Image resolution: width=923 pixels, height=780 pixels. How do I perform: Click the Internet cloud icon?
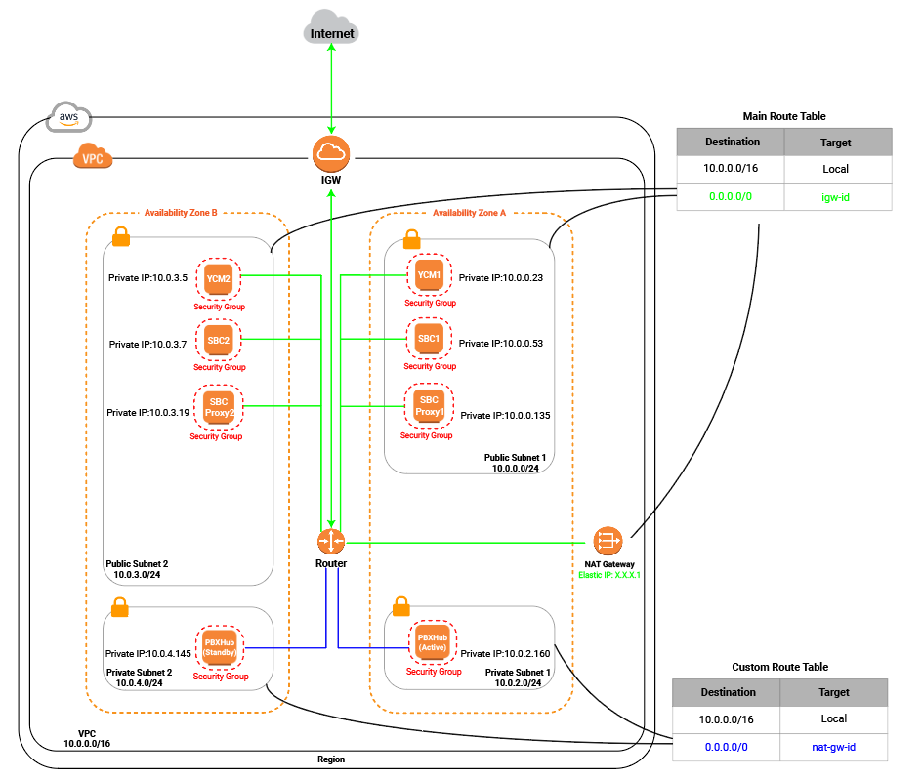click(331, 27)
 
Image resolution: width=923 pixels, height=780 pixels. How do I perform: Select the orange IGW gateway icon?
click(331, 154)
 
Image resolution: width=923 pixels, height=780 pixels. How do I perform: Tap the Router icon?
click(331, 541)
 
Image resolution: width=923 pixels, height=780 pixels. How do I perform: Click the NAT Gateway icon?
click(608, 541)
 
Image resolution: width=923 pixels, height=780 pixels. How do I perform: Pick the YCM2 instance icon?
click(219, 279)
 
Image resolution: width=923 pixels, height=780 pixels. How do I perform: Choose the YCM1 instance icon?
click(429, 275)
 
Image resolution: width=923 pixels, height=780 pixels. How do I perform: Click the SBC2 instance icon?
click(219, 340)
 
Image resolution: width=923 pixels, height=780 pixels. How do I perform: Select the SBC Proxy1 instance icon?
click(429, 406)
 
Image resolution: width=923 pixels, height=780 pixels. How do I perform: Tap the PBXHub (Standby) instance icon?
click(220, 647)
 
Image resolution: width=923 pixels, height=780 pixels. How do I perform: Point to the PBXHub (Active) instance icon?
click(433, 643)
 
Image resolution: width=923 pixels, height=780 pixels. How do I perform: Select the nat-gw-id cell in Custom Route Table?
click(833, 747)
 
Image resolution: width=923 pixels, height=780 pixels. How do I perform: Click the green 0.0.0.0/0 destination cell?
click(731, 196)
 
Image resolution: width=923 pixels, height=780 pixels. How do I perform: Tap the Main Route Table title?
click(784, 116)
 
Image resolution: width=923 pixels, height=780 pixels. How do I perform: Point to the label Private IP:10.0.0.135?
click(505, 415)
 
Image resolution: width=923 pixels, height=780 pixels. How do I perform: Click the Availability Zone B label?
click(181, 213)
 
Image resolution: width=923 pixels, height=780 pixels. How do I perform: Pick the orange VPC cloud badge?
click(93, 157)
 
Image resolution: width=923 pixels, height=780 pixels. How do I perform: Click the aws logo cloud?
click(69, 116)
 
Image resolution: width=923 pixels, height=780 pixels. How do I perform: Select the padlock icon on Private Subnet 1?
click(401, 606)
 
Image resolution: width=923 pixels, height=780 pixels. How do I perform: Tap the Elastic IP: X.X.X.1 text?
click(609, 575)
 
